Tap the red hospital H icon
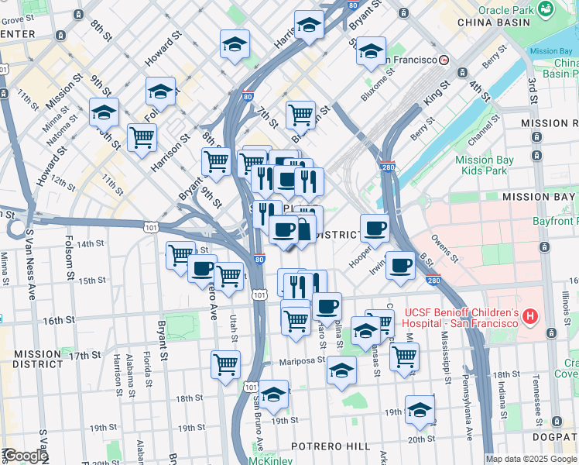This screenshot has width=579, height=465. pos(530,316)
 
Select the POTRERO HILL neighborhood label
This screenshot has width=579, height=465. pos(331,446)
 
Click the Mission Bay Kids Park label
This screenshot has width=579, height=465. pos(485,165)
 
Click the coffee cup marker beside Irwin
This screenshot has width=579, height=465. pos(400,265)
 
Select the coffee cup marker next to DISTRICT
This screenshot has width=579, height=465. pos(375,228)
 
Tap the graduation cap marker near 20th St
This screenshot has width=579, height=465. pos(420,408)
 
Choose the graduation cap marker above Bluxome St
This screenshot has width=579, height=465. pos(372,51)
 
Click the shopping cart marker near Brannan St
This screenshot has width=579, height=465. pos(300,115)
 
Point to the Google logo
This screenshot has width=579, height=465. pos(26,456)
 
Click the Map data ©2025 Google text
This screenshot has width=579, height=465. pos(531,459)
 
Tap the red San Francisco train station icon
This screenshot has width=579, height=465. pos(444,60)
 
